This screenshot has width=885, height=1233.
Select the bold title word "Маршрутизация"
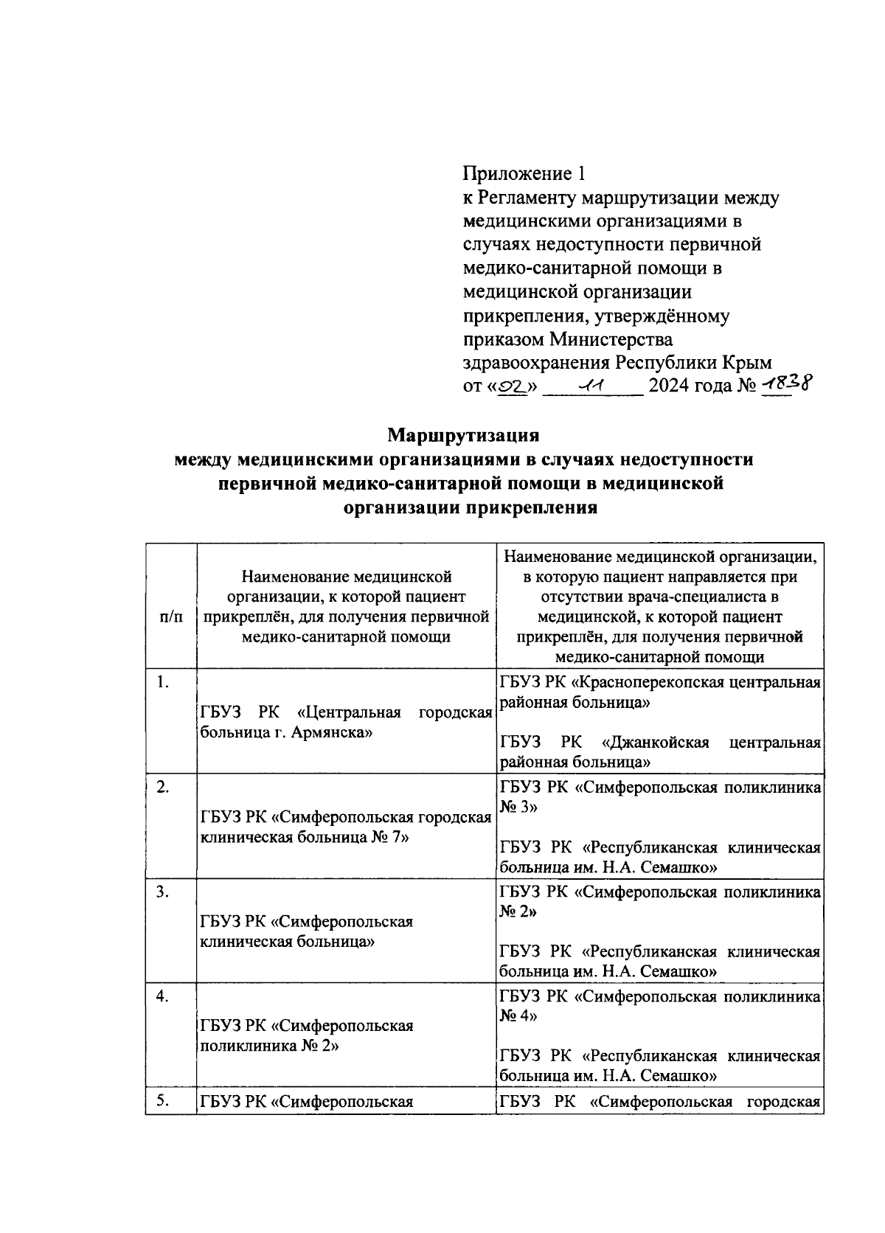pyautogui.click(x=464, y=435)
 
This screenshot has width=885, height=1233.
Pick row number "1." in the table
pyautogui.click(x=164, y=682)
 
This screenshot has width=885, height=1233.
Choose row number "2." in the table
pyautogui.click(x=164, y=787)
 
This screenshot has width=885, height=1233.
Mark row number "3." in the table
pyautogui.click(x=164, y=892)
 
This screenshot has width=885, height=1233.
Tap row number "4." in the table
pyautogui.click(x=164, y=996)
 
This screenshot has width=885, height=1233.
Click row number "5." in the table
pyautogui.click(x=164, y=1102)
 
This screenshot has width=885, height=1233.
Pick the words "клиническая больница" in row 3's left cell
pyautogui.click(x=288, y=942)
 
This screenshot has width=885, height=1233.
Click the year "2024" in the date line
pyautogui.click(x=670, y=386)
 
